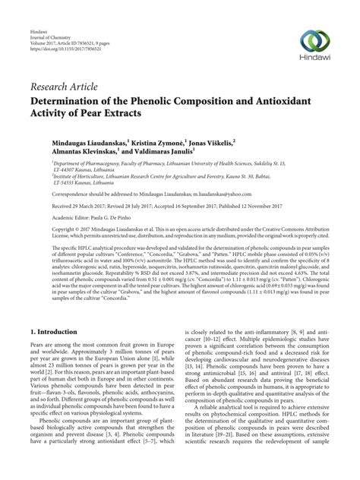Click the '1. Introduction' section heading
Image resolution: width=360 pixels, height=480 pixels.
(x=57, y=333)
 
